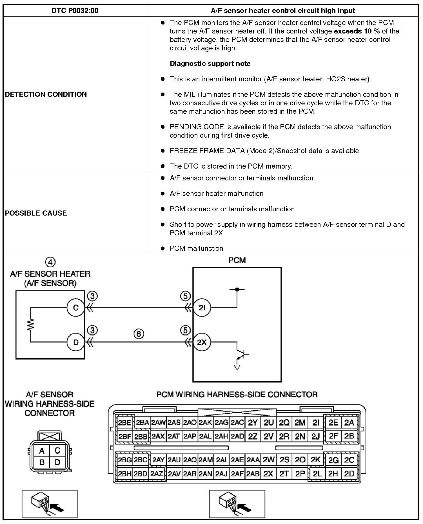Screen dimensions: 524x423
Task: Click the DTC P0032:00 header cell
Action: tap(75, 11)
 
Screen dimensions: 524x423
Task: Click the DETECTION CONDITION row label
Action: tap(46, 94)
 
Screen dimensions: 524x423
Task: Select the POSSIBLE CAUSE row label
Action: tap(36, 213)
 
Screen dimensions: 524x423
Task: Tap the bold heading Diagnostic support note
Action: tap(210, 64)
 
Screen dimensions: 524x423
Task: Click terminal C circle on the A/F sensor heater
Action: tap(75, 308)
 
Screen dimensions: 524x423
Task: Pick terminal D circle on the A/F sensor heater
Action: tap(75, 342)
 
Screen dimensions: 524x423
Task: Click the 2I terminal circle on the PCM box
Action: tap(202, 308)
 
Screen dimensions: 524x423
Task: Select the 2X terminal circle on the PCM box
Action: tap(202, 342)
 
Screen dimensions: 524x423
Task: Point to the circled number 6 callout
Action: tap(139, 334)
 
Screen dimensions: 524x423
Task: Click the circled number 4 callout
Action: tap(50, 262)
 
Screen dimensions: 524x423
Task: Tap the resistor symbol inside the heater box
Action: tap(30, 324)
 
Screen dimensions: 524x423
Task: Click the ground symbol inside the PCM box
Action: tap(237, 367)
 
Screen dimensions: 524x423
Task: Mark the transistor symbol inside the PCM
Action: tap(242, 354)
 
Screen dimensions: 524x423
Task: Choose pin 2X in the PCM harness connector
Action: tap(268, 474)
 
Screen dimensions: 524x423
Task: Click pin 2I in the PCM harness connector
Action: tap(316, 423)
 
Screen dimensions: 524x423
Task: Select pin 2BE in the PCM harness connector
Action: tap(124, 423)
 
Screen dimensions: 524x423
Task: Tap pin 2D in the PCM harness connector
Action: tap(349, 474)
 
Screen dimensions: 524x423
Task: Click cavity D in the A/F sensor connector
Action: tap(57, 462)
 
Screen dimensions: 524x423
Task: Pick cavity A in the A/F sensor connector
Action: tap(42, 451)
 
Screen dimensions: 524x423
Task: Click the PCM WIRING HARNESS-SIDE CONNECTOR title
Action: tap(237, 395)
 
